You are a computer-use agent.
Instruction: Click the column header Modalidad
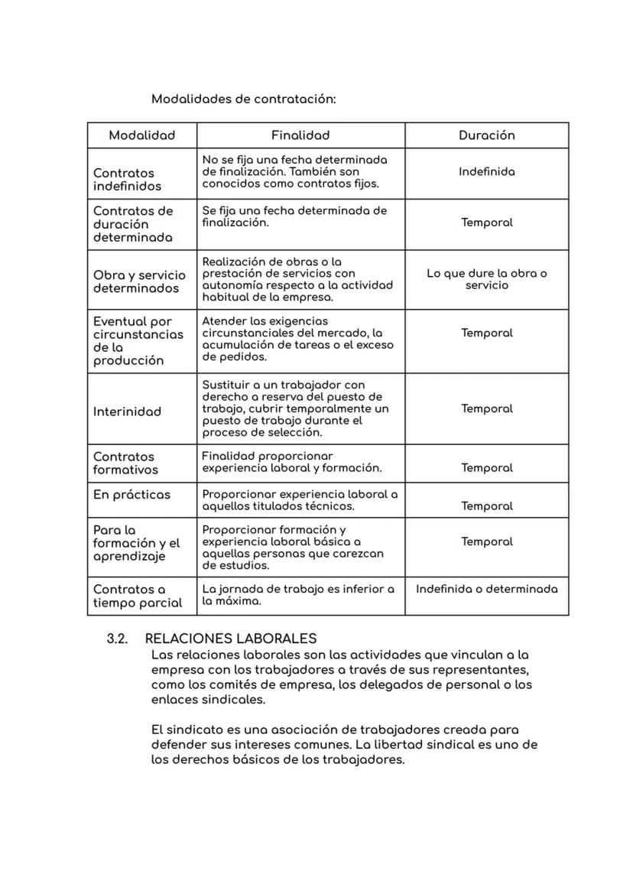click(141, 135)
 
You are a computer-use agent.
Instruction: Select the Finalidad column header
click(300, 135)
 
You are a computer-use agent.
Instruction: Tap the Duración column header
click(486, 135)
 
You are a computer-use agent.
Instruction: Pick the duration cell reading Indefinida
click(486, 172)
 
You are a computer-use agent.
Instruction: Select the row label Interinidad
click(127, 411)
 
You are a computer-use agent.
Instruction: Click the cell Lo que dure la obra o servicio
click(486, 279)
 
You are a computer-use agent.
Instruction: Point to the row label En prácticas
click(131, 495)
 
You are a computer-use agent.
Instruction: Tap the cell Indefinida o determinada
click(486, 589)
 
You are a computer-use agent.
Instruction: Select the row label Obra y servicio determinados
click(139, 281)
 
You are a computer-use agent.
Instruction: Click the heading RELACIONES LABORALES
click(230, 639)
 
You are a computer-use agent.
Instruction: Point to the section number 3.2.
click(116, 639)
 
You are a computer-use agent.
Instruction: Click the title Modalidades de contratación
click(243, 99)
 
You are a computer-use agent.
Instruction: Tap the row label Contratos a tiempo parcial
click(138, 596)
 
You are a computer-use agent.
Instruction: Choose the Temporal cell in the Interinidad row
click(486, 409)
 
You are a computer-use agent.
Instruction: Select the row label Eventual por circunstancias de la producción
click(138, 341)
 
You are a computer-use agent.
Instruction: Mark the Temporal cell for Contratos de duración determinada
click(486, 223)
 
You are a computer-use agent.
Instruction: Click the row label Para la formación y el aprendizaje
click(136, 543)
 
